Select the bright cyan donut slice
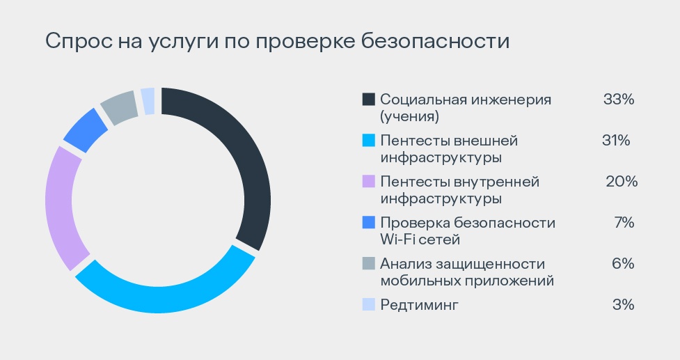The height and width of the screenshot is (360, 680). click(x=167, y=296)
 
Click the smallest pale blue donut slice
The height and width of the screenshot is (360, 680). click(x=148, y=100)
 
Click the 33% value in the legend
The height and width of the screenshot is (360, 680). click(x=619, y=100)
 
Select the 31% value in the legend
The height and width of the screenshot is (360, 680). click(x=616, y=141)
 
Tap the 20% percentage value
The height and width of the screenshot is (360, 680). click(x=621, y=182)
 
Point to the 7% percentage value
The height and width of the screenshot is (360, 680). click(x=624, y=223)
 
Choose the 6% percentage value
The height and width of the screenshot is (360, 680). click(x=624, y=263)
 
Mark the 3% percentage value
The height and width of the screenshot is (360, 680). click(x=624, y=304)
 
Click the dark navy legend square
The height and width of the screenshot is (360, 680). click(x=369, y=100)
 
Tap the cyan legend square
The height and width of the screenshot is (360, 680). click(x=369, y=141)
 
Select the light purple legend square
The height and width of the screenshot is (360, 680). click(x=369, y=182)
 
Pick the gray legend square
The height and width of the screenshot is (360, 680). click(x=369, y=264)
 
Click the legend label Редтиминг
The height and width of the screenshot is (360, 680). click(x=420, y=304)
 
